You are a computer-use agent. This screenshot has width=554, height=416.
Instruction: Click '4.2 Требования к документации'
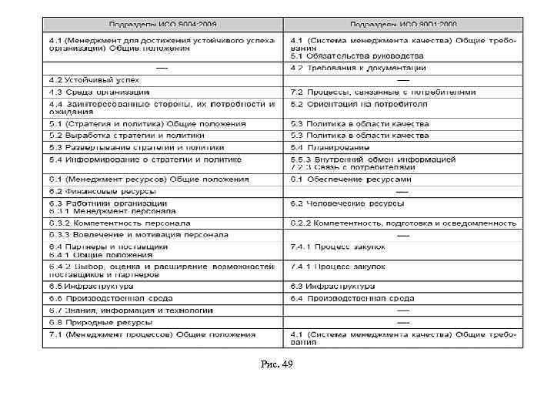(x=356, y=68)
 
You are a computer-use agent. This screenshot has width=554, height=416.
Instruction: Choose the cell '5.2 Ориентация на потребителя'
(x=359, y=103)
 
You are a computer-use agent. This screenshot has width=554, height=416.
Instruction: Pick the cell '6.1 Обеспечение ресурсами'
(x=350, y=179)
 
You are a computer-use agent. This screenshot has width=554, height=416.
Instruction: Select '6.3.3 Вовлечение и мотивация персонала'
(x=138, y=234)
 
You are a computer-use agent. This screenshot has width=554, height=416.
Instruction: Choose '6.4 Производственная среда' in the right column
(x=352, y=298)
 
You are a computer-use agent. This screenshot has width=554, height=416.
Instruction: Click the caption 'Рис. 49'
(x=278, y=363)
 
